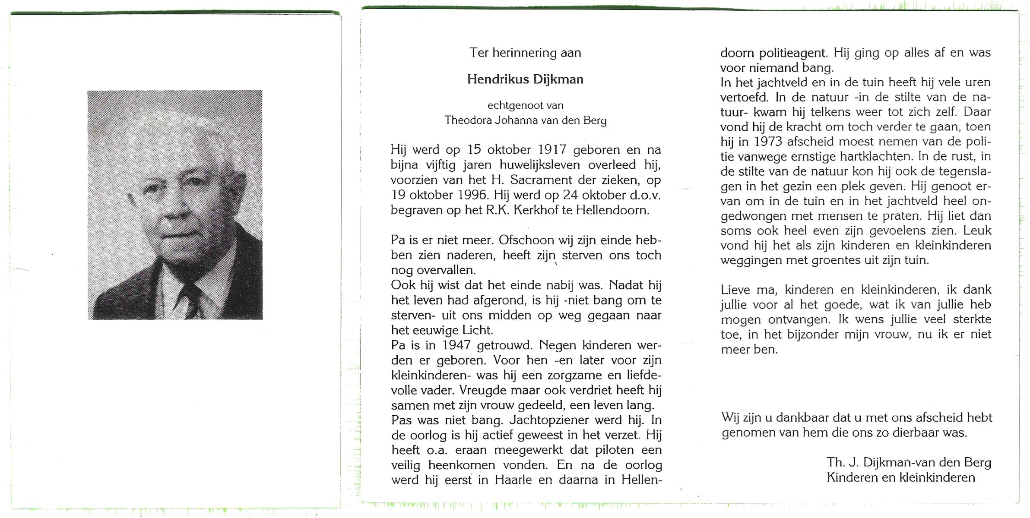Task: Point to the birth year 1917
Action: tap(552, 150)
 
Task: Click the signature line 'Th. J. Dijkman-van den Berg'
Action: tap(909, 463)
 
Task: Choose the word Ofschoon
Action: tap(526, 240)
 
